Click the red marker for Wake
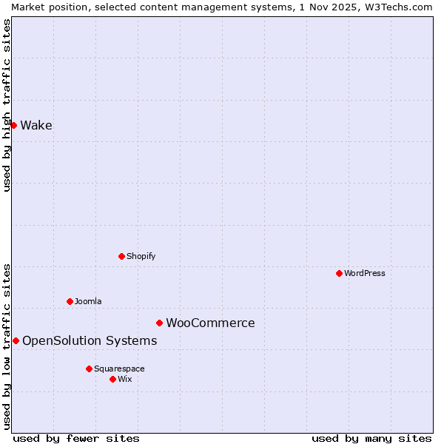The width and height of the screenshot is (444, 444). coord(13,125)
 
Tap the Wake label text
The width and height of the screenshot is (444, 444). coord(36,126)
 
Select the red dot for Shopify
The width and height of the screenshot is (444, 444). coord(121,256)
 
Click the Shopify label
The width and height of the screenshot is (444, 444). coord(141,257)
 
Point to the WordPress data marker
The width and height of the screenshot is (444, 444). coord(339,273)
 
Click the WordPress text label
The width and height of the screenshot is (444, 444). coord(364,274)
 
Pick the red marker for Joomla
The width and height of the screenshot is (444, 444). coord(70,301)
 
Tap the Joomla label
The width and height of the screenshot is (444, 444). coord(88,302)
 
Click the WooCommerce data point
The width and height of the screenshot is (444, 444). coord(159,323)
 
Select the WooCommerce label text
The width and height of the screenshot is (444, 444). coord(210,323)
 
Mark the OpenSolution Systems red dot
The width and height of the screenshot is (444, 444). coord(16,340)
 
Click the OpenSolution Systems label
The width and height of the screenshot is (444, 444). coord(90,341)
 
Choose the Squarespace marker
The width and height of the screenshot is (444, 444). coord(89,369)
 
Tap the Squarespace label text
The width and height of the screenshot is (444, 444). coord(119,369)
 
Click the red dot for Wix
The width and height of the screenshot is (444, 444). coord(112,379)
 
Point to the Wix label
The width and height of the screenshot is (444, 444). coord(125,380)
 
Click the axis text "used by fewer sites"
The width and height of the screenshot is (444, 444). coord(76,438)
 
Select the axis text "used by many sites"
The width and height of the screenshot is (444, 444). coord(371,438)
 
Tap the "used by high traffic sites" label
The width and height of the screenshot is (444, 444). coord(7,105)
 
